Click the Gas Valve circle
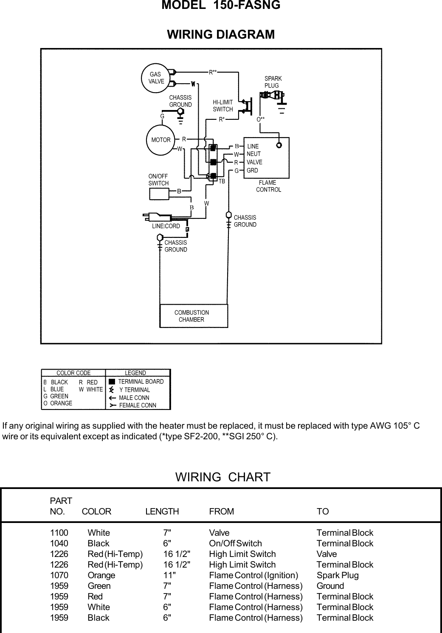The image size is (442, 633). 155,78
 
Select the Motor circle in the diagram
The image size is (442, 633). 161,140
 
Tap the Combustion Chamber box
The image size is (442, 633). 194,316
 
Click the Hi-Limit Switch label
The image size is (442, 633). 223,106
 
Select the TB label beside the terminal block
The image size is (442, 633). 222,181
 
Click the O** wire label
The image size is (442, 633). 260,119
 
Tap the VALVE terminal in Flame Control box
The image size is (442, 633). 254,162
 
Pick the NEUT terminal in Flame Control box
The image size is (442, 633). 253,154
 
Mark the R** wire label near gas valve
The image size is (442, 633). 213,72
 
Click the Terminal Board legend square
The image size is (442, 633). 112,381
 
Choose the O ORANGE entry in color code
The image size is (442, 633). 58,403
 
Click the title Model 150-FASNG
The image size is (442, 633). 221,6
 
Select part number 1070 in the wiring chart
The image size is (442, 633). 59,575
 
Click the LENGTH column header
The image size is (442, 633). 162,511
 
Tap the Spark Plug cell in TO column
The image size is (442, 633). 338,575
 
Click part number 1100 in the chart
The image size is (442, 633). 59,533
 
